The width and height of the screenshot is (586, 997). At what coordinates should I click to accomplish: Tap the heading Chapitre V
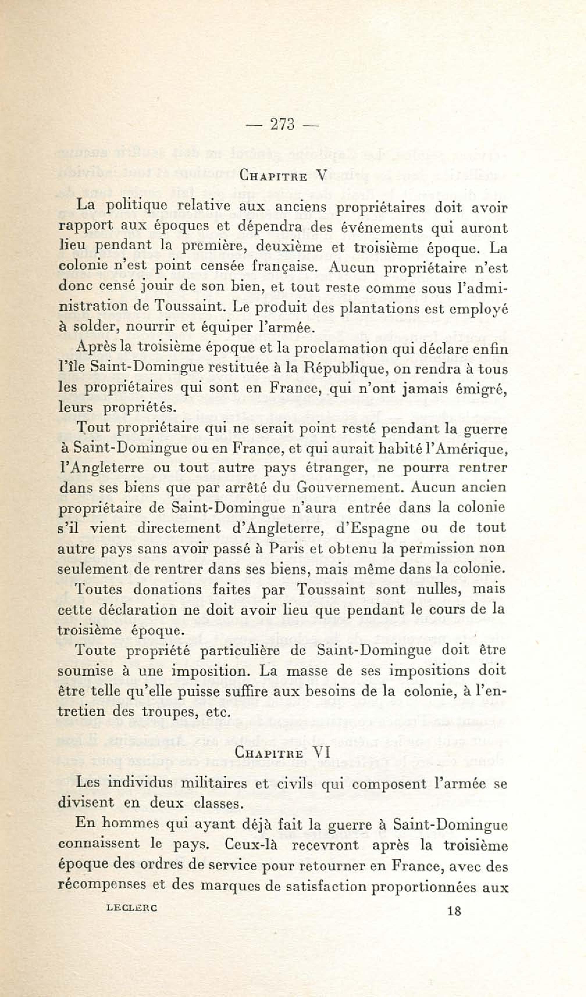point(283,176)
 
